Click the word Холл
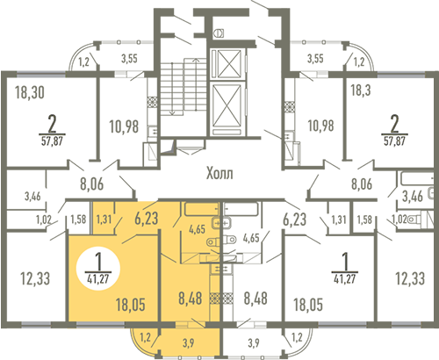[x=219, y=173]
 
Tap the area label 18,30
[x=30, y=92]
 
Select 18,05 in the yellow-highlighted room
[x=131, y=305]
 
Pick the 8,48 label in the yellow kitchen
[x=191, y=299]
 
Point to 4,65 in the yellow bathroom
[x=197, y=229]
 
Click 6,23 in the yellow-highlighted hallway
[x=147, y=219]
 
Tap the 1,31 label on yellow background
[x=104, y=220]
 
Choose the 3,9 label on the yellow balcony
[x=188, y=342]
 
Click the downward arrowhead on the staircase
[x=172, y=113]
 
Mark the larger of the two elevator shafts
[x=227, y=108]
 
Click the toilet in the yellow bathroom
[x=214, y=241]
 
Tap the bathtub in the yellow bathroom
[x=202, y=209]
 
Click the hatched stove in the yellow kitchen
[x=214, y=298]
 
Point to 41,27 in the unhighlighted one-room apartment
[x=345, y=279]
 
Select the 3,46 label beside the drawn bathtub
[x=413, y=196]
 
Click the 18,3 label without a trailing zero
[x=361, y=90]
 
